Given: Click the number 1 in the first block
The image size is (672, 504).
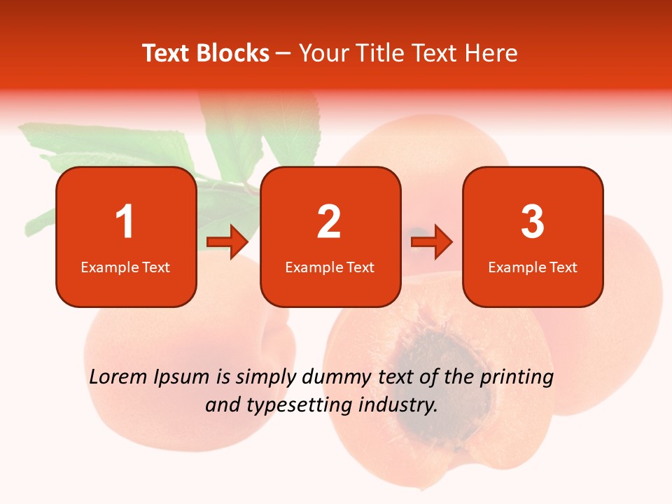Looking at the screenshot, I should [x=125, y=222].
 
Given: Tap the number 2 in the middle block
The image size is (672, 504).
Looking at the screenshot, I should [x=329, y=222].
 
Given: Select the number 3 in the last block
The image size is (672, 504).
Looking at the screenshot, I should [x=533, y=222].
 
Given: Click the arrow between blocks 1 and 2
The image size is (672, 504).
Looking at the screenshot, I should [x=227, y=243].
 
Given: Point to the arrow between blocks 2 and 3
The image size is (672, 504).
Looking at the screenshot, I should [x=432, y=243].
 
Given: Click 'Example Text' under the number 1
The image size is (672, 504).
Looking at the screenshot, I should [x=125, y=267].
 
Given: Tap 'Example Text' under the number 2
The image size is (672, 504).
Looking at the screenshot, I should [x=330, y=267].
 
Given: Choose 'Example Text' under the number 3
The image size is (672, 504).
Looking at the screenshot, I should [x=533, y=267].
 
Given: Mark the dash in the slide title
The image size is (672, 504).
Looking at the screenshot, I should [x=283, y=53].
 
